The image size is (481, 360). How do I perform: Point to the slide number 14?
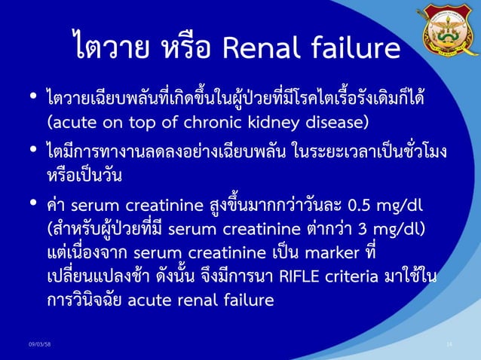click(x=449, y=344)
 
